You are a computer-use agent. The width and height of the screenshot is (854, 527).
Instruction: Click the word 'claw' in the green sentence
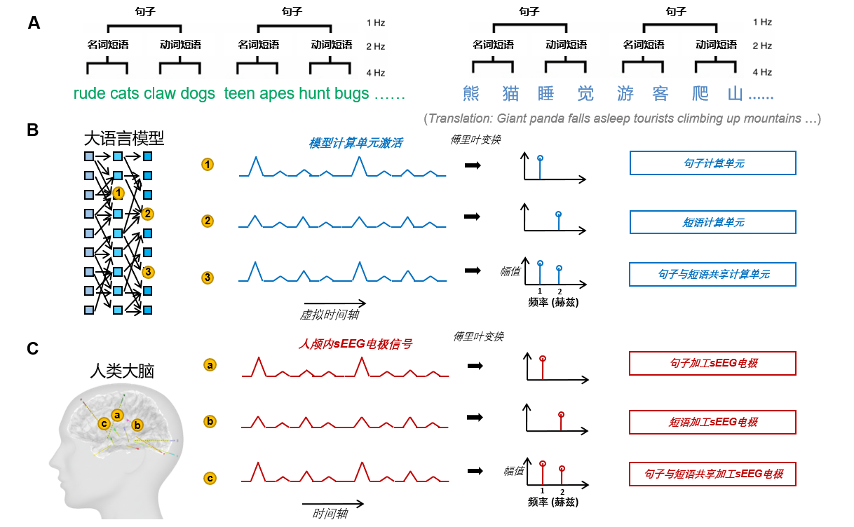pos(161,94)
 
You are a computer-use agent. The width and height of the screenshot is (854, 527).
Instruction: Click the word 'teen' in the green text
pos(239,94)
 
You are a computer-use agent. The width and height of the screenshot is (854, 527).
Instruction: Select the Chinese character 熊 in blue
pos(471,94)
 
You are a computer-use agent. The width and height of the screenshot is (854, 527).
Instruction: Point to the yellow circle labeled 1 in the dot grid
pos(118,193)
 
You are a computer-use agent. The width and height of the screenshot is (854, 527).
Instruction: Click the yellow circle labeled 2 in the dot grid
pos(147,214)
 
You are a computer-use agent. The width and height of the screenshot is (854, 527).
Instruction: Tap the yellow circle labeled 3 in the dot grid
pos(147,272)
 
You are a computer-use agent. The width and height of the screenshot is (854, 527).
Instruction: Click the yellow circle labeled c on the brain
pos(104,423)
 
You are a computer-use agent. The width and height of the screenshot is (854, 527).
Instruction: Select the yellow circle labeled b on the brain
pos(137,425)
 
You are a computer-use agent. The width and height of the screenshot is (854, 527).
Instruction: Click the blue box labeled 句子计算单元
pos(712,163)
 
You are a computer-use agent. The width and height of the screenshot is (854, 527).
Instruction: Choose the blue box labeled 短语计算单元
pos(712,222)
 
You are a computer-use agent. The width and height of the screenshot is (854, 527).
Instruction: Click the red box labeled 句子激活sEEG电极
pos(712,364)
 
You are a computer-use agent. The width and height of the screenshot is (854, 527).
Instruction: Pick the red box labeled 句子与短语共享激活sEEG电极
pos(712,474)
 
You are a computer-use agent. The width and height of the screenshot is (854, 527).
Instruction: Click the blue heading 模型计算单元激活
pos(355,143)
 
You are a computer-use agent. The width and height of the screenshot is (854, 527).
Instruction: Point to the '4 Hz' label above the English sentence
pos(375,72)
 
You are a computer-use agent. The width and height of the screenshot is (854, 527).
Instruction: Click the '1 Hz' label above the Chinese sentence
pos(762,22)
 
